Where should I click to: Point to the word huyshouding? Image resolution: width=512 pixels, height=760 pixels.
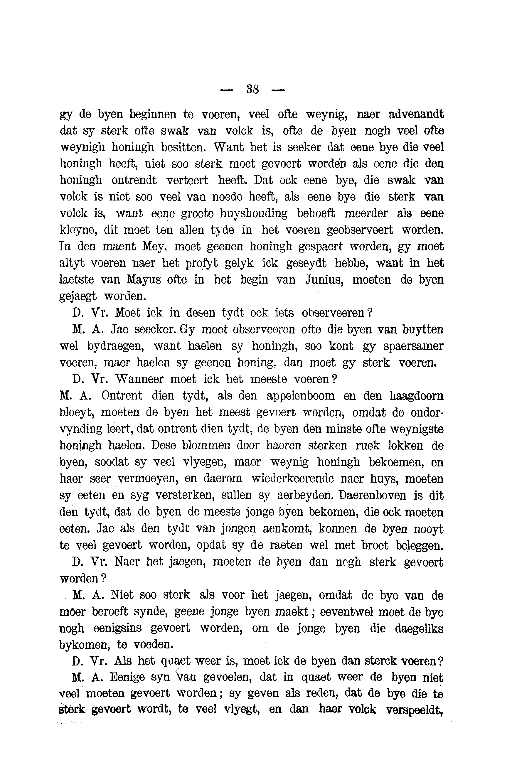[254, 213]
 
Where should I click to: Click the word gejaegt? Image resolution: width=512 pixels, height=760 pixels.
[78, 296]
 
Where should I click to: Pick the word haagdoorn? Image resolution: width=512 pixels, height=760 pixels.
[417, 396]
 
